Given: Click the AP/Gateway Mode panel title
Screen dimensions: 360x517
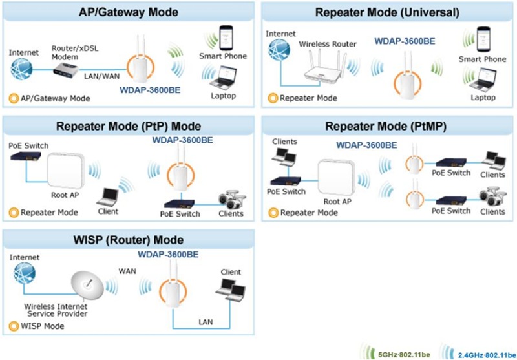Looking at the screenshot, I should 128,12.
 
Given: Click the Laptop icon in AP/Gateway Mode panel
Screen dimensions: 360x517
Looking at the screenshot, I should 224,79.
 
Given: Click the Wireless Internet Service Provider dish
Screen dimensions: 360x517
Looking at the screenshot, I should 88,282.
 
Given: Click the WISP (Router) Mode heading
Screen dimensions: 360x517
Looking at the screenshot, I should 128,241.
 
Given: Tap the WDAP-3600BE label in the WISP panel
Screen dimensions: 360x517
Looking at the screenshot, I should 167,254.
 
